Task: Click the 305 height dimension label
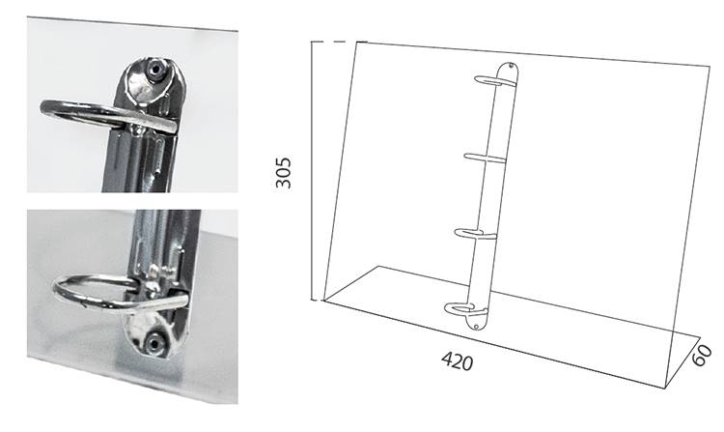(284, 173)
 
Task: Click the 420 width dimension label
(458, 360)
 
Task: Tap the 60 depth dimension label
(702, 354)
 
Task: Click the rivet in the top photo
(155, 70)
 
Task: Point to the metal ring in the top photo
(74, 110)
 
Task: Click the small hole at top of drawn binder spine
(511, 67)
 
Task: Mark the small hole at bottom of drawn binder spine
(476, 327)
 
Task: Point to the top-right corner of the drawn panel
(710, 67)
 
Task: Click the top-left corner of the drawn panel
(356, 43)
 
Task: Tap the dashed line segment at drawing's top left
(340, 42)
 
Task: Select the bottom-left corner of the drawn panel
(323, 301)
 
